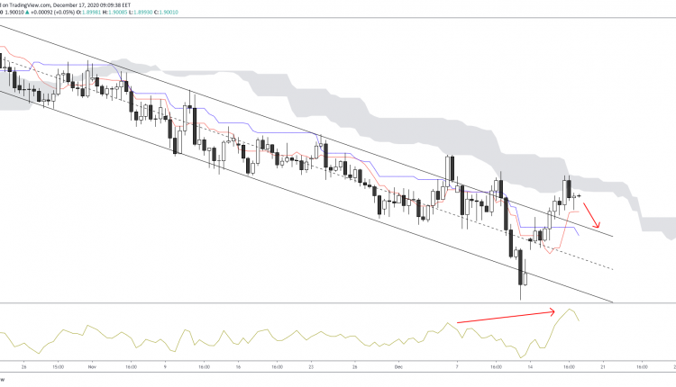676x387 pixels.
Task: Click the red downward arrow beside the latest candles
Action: click(591, 215)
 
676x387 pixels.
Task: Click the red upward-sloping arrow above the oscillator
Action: click(505, 316)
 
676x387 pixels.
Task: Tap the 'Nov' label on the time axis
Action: click(92, 368)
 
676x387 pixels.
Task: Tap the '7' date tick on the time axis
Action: click(457, 368)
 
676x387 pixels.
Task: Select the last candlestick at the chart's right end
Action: click(578, 195)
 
